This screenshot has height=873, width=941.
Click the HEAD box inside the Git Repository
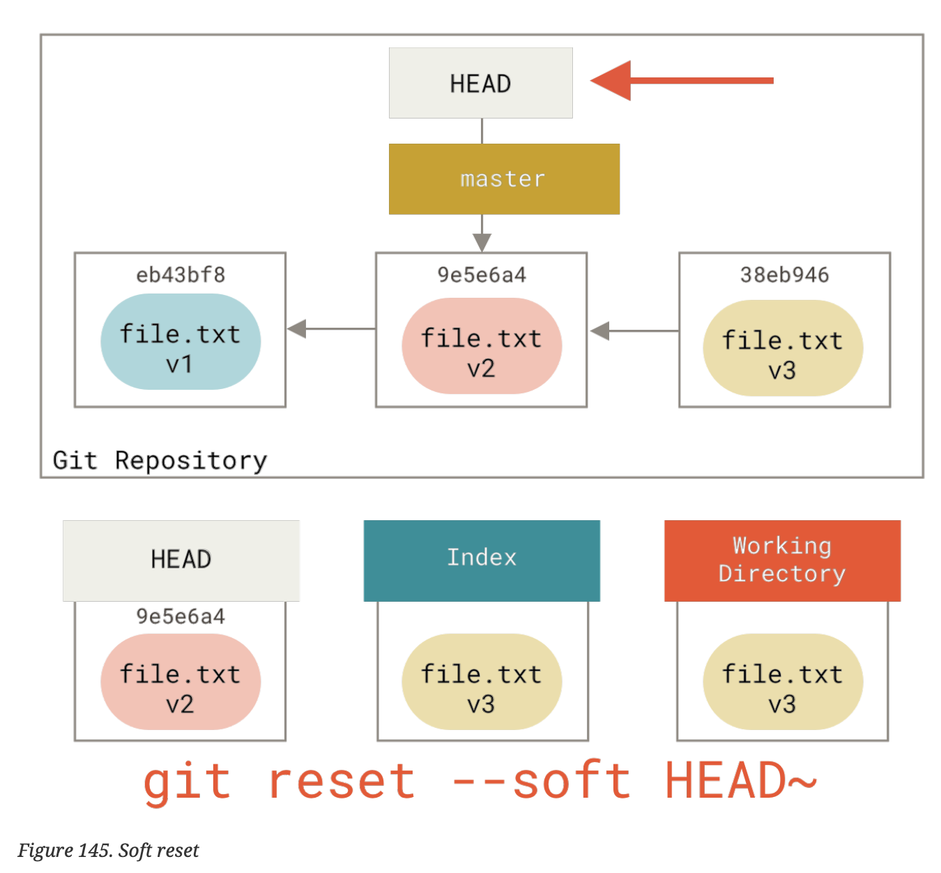click(x=480, y=83)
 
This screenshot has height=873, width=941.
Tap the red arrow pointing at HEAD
click(x=682, y=81)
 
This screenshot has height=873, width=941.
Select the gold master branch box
click(x=503, y=179)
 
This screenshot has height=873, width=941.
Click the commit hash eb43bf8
click(x=181, y=275)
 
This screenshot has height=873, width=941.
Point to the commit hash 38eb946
click(x=784, y=275)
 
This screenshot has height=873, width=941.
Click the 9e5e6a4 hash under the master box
click(x=482, y=275)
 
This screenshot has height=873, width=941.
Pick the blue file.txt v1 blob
click(x=181, y=342)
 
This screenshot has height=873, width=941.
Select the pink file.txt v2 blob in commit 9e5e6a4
click(x=482, y=346)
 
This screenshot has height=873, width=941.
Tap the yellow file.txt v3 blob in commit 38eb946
click(x=783, y=348)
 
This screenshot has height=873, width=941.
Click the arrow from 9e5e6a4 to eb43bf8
click(x=331, y=328)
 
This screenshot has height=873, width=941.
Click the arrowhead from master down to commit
click(x=482, y=241)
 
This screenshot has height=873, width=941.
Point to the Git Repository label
click(x=160, y=461)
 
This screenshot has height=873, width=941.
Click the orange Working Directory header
click(x=782, y=560)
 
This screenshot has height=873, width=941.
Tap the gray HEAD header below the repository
click(x=181, y=560)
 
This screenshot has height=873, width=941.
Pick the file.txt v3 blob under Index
click(x=482, y=681)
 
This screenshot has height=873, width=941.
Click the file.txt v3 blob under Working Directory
click(x=783, y=681)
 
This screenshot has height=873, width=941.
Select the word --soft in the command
click(x=541, y=781)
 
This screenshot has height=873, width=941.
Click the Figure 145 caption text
click(x=108, y=850)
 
